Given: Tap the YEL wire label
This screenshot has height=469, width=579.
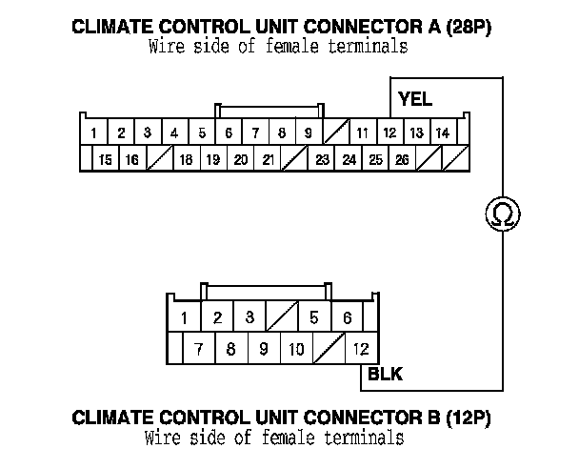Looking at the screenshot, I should pyautogui.click(x=415, y=99).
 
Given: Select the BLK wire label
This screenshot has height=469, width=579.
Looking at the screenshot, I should pyautogui.click(x=385, y=375).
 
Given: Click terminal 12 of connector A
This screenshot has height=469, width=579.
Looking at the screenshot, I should pyautogui.click(x=389, y=133).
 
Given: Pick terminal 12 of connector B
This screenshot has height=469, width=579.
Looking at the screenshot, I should pyautogui.click(x=361, y=349).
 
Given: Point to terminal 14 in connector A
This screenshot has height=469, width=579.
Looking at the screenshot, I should pyautogui.click(x=443, y=133).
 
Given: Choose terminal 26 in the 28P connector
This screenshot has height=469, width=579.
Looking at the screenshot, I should pyautogui.click(x=403, y=159).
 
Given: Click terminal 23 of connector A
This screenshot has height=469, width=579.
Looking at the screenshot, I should pyautogui.click(x=323, y=159).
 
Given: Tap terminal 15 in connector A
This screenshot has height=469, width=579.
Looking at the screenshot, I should pyautogui.click(x=105, y=159).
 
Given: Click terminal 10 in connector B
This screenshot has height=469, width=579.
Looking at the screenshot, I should pyautogui.click(x=296, y=349).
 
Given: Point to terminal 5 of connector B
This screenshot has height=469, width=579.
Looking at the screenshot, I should pyautogui.click(x=313, y=317).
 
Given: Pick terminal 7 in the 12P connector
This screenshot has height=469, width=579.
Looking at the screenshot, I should pyautogui.click(x=198, y=349).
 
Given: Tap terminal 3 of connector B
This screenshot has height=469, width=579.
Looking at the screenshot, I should pyautogui.click(x=249, y=317).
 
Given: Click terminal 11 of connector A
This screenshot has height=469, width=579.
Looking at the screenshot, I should pyautogui.click(x=363, y=133).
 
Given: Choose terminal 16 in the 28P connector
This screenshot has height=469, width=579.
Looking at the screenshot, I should pyautogui.click(x=131, y=159).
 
